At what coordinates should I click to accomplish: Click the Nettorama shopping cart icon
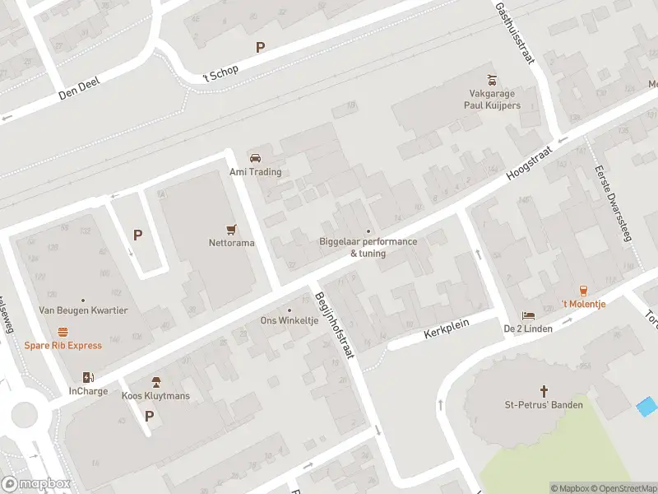[231, 228]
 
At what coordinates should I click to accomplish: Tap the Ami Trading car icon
[255, 157]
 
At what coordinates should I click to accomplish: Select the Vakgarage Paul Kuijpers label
[491, 100]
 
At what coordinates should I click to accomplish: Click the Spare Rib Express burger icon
[63, 331]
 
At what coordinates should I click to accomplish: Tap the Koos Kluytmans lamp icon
[155, 382]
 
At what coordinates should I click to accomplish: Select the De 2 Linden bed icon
[527, 316]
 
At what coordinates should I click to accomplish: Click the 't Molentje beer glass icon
[583, 290]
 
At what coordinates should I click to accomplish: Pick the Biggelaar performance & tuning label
[368, 247]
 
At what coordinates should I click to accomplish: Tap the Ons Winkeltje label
[289, 320]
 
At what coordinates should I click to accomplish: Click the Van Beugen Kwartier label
[83, 310]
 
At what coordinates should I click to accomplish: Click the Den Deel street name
[78, 90]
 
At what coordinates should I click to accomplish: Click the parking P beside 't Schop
[260, 48]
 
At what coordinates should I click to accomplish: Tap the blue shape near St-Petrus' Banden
[647, 406]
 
